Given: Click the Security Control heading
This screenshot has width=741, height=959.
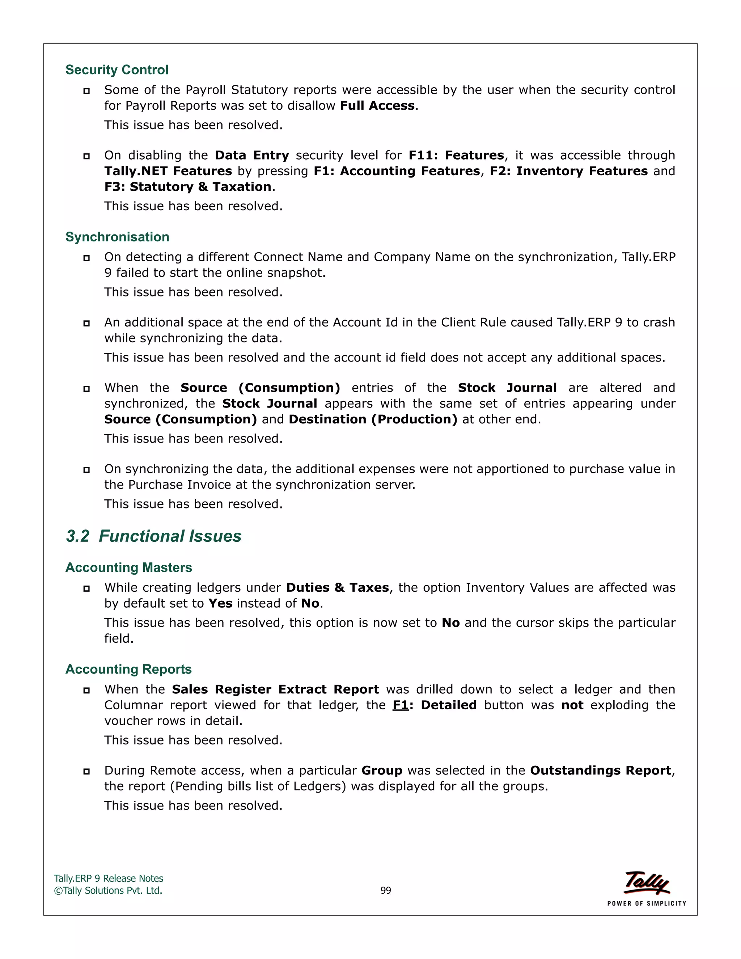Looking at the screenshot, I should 117,70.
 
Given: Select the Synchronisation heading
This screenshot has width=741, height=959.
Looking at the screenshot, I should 117,237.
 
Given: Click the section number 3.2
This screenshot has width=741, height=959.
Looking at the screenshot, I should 78,536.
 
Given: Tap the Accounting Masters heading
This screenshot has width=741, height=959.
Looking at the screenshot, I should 128,567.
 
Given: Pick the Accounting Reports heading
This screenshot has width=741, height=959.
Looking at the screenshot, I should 128,669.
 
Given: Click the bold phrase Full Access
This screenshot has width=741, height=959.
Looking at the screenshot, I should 377,106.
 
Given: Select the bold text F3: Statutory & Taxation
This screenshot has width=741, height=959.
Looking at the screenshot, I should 187,187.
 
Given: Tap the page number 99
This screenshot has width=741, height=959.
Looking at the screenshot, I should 385,891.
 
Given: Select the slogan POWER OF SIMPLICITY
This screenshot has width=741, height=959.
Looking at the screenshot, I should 647,904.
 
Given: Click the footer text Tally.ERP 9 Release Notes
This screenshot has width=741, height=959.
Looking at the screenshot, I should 109,879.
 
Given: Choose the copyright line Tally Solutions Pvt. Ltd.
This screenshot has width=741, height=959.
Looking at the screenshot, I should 108,891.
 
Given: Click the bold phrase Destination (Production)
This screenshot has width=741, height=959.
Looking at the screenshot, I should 373,420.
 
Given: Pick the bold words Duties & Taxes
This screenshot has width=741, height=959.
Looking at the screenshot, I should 337,588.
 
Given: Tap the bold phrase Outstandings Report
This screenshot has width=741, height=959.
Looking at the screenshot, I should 600,770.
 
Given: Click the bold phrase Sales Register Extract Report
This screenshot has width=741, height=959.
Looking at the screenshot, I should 275,689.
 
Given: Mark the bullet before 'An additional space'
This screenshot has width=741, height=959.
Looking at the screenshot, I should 86,324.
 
